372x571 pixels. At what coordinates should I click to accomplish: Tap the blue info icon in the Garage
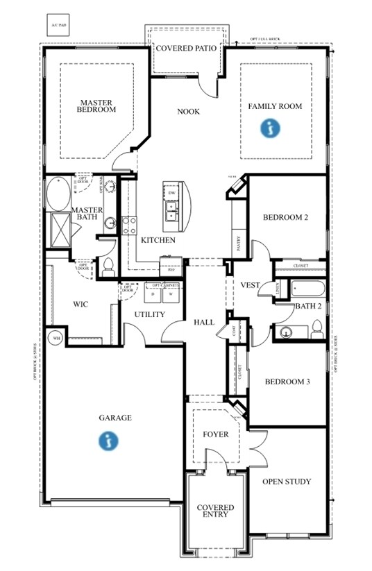pos(108,439)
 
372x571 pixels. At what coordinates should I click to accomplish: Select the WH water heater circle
pos(55,339)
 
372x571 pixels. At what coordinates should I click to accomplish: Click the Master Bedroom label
pos(96,105)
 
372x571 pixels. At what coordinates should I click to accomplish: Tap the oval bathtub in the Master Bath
pos(55,194)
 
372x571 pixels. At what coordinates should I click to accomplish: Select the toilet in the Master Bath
pos(108,264)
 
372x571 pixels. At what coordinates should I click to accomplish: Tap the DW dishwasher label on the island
pos(171,192)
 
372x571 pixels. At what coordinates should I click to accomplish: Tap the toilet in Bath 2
pos(316,328)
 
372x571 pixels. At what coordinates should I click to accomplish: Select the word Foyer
pos(215,434)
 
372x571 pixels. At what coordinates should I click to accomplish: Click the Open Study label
pos(286,481)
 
